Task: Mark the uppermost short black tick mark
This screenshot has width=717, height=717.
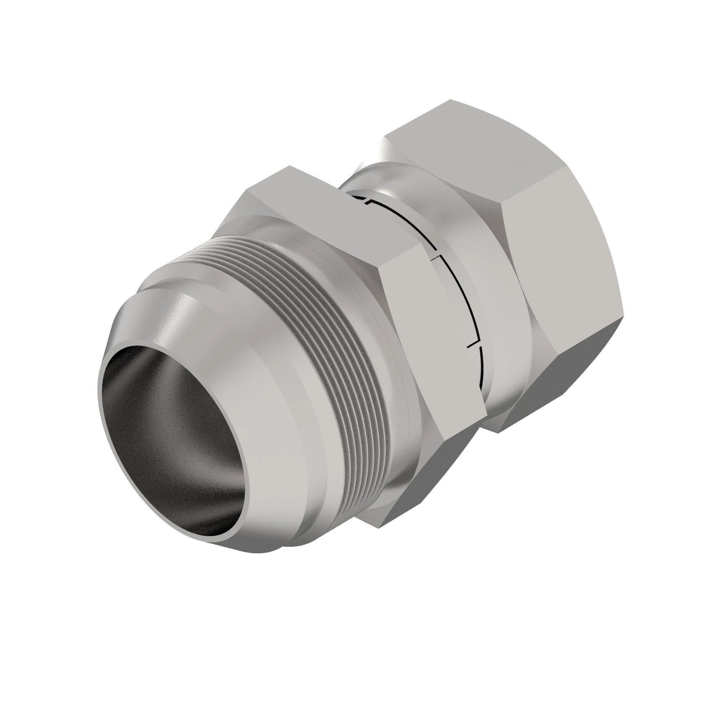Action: (367, 201)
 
